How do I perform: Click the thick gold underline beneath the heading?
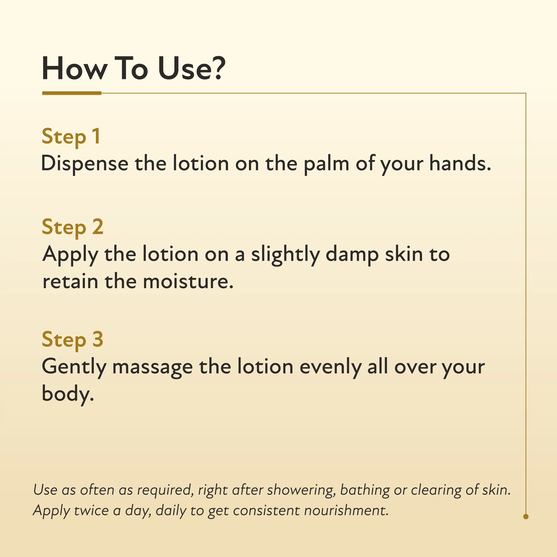tap(72, 93)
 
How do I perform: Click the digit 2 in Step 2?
tap(98, 226)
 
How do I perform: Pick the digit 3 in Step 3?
tap(98, 339)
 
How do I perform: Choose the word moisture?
tap(188, 281)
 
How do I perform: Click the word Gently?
tap(74, 367)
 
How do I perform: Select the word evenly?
tap(330, 367)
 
